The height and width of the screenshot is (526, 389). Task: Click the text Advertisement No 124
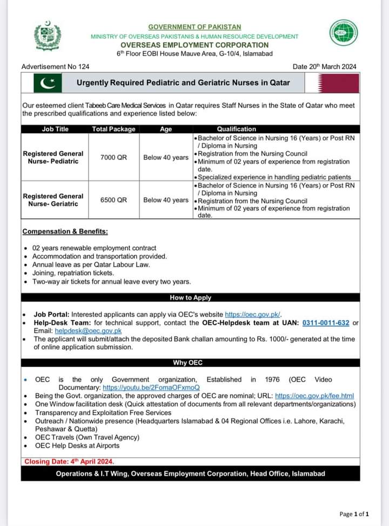pos(55,66)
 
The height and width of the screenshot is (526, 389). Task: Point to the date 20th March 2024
pos(324,66)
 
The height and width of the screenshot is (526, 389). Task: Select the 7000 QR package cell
pos(113,157)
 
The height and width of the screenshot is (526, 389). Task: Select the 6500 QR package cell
pos(113,200)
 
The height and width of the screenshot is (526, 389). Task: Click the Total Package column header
pos(113,129)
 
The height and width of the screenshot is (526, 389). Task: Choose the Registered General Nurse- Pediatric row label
pos(53,157)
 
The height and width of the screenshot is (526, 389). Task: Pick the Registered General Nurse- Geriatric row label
pos(53,200)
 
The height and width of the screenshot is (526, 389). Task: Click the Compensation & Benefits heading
pos(65,231)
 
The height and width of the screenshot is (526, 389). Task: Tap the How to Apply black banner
pos(190,297)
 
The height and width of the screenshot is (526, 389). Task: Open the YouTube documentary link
pos(151,388)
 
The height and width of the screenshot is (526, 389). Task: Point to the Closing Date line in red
pos(69,462)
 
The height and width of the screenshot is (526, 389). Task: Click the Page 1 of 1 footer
pos(354,514)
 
